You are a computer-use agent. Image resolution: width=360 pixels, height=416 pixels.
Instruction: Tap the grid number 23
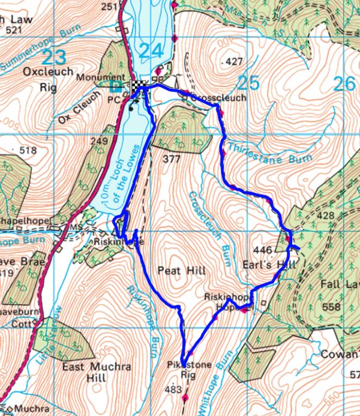56,58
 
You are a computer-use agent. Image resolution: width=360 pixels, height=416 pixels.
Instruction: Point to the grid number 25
250,83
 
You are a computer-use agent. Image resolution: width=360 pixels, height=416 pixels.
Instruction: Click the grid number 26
344,83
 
